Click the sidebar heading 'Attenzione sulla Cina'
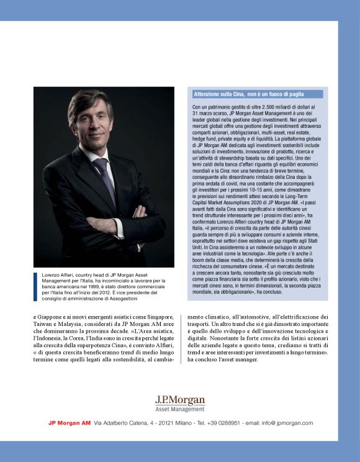pyautogui.click(x=248, y=94)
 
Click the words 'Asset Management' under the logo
pyautogui.click(x=180, y=409)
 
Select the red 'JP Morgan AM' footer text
pyautogui.click(x=70, y=423)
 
